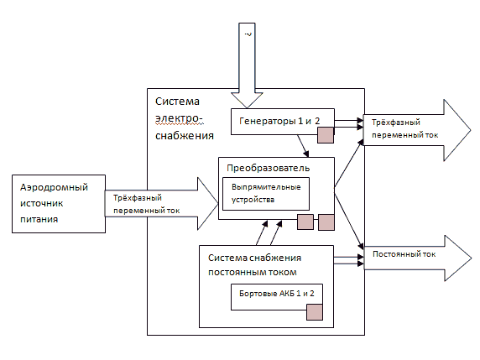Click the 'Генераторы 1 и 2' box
coord(282,122)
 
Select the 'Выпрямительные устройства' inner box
coord(266,194)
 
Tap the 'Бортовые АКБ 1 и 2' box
coord(277,297)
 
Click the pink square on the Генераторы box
coord(326,135)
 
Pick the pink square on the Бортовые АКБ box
coord(315,312)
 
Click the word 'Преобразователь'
coord(269,168)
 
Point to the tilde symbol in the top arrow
coord(248,34)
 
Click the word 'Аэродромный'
coord(55,187)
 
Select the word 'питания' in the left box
coord(39,219)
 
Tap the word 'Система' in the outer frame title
coord(177,102)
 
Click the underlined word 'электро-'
coord(179,119)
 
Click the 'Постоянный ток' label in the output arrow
coord(404,254)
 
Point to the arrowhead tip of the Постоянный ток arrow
coord(472,258)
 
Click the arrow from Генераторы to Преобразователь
coord(303,146)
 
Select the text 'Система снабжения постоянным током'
coord(254,265)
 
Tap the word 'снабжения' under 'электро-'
coord(185,136)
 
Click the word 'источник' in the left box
coord(42,203)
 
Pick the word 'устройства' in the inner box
coord(253,200)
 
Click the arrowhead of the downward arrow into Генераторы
coord(247,100)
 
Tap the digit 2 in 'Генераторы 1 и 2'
coord(317,121)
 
